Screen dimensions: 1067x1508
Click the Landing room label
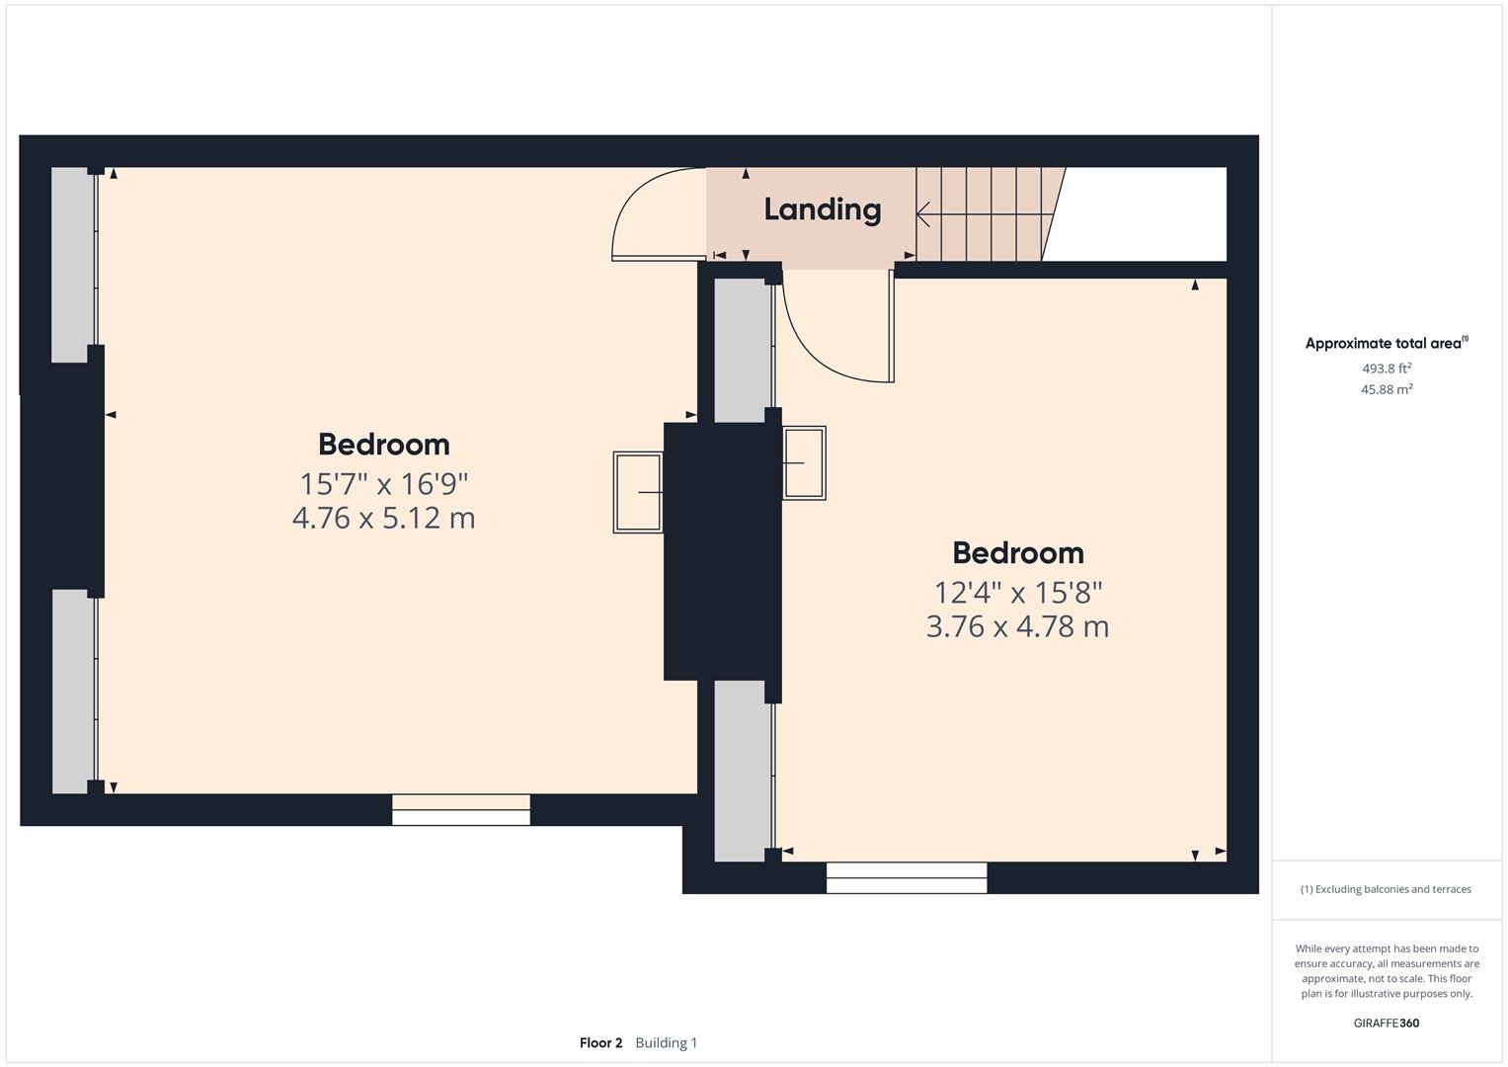coord(822,209)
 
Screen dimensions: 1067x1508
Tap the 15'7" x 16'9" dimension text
coord(383,484)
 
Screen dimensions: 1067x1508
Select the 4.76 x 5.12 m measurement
coord(383,518)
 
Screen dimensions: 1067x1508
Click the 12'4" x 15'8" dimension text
coord(1017,593)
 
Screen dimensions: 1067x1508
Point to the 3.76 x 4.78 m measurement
coord(1017,626)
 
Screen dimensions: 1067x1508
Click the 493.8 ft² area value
coord(1387,369)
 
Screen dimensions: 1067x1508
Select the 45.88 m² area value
coord(1387,389)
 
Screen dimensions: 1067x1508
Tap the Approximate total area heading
coord(1386,344)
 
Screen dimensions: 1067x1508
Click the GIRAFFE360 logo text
coord(1386,1023)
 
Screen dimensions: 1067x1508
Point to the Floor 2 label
coord(600,1042)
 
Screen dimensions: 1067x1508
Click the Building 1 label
coord(666,1042)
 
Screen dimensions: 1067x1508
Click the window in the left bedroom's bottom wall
coord(461,809)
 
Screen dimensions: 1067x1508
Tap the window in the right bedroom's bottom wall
coord(906,877)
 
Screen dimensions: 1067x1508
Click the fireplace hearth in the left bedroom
coord(638,492)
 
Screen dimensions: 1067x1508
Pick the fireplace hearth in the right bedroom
coord(804,462)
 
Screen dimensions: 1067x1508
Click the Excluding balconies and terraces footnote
coord(1386,889)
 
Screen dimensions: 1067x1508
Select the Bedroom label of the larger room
coord(383,444)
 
